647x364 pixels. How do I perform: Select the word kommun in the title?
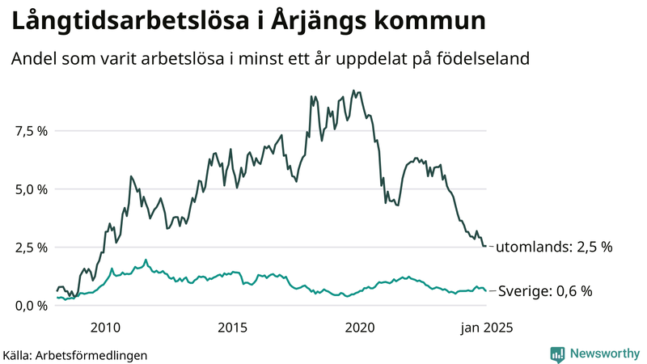point(427,22)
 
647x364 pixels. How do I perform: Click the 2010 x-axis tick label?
point(106,328)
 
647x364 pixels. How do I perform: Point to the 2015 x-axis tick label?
point(233,328)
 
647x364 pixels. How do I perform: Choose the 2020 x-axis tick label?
point(360,328)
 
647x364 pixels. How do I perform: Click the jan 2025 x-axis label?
point(486,328)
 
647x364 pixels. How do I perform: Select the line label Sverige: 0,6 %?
point(544,291)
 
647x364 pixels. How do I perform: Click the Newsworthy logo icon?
point(557,353)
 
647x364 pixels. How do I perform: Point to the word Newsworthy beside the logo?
point(603,353)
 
